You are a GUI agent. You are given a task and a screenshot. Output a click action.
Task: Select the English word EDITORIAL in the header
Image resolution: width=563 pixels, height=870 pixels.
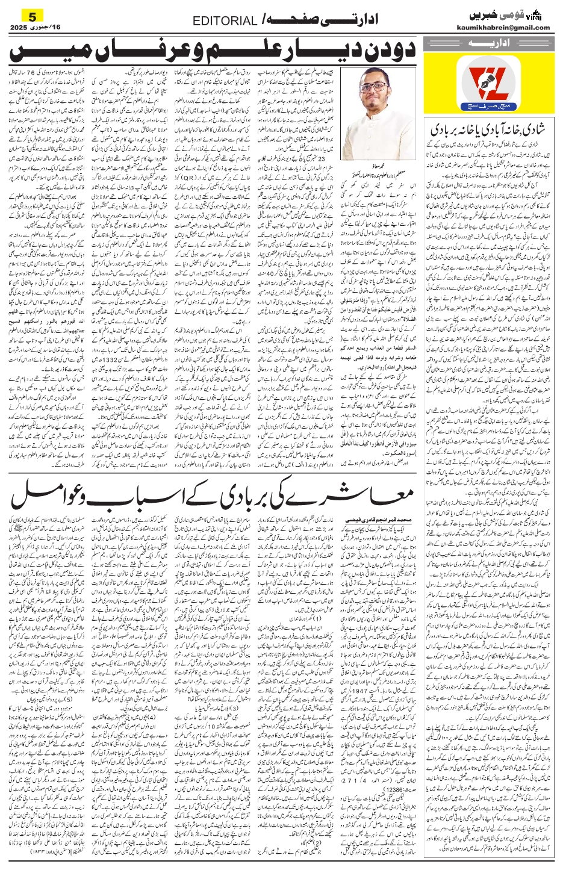[225, 22]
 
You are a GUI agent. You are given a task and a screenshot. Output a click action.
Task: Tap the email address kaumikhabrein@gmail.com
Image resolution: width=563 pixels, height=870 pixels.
[505, 27]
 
